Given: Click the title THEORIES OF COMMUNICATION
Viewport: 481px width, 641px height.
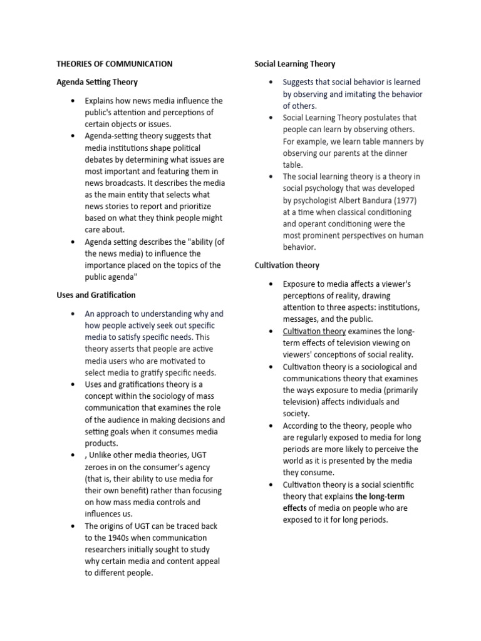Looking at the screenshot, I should click(x=115, y=64).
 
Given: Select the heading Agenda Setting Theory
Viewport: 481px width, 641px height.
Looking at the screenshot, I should click(x=97, y=82).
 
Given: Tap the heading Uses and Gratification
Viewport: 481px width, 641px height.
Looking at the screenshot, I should click(x=96, y=295).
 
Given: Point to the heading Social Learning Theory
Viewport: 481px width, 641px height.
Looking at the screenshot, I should click(x=295, y=64).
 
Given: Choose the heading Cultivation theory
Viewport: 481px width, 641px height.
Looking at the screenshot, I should click(x=287, y=265).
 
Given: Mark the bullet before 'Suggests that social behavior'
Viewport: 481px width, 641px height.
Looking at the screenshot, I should click(x=271, y=82).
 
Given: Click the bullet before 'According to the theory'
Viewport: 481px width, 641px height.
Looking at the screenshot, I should click(x=271, y=426).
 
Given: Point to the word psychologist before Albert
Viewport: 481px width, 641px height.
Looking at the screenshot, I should click(x=316, y=200).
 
